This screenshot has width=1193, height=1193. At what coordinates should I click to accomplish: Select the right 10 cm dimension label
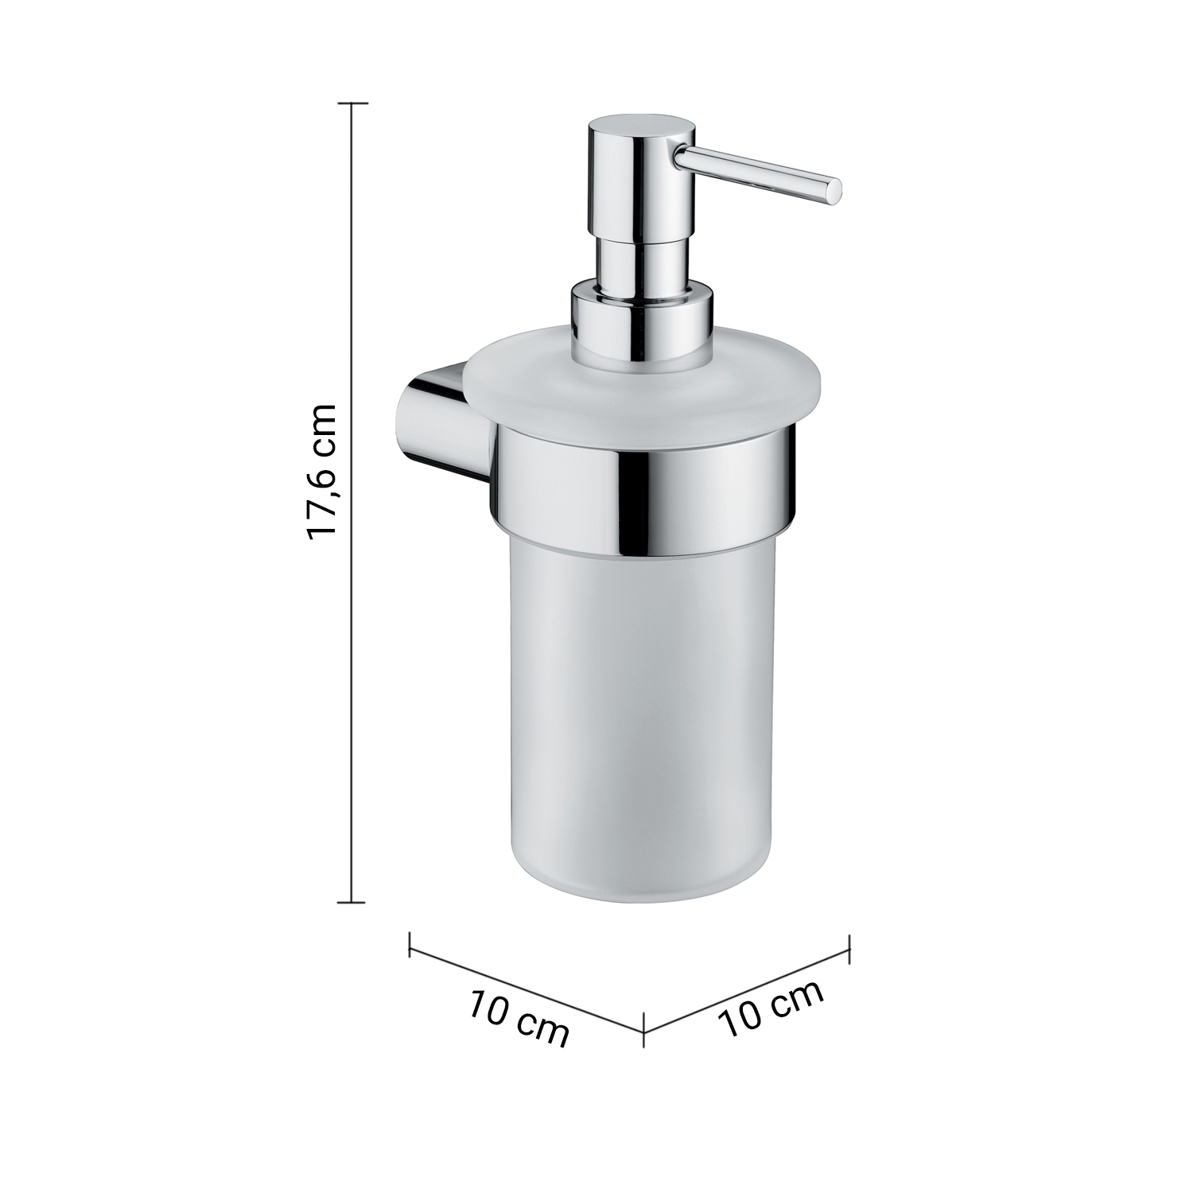click(x=771, y=1008)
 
